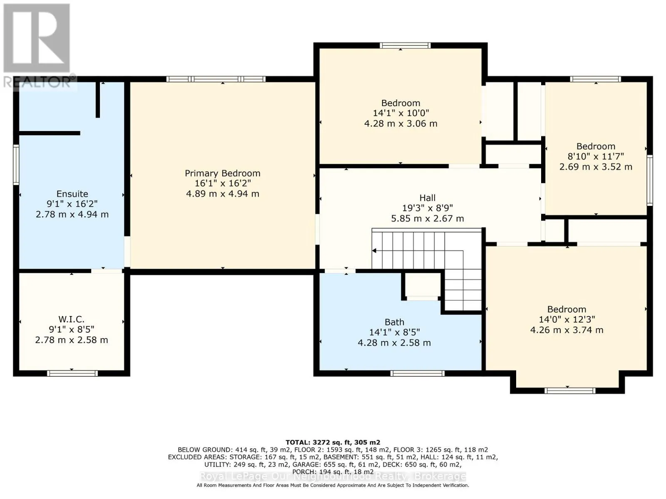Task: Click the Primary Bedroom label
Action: coord(222,173)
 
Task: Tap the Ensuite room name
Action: coord(72,194)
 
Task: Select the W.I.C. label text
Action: coord(71,319)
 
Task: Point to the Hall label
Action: coord(427,198)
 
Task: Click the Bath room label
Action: coord(394,322)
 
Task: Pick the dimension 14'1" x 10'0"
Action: coord(400,113)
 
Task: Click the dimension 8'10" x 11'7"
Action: coord(596,156)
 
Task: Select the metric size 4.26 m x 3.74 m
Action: coord(567,330)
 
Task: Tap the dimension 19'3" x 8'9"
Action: coord(427,208)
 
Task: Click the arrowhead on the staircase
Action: coord(374,251)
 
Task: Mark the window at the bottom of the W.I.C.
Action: coord(72,373)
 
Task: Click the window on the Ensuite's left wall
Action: coord(16,165)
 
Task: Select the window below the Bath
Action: coord(417,373)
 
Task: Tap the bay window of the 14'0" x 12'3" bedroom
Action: coord(569,390)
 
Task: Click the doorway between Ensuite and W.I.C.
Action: coord(107,271)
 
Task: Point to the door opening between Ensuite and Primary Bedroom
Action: coord(127,252)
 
